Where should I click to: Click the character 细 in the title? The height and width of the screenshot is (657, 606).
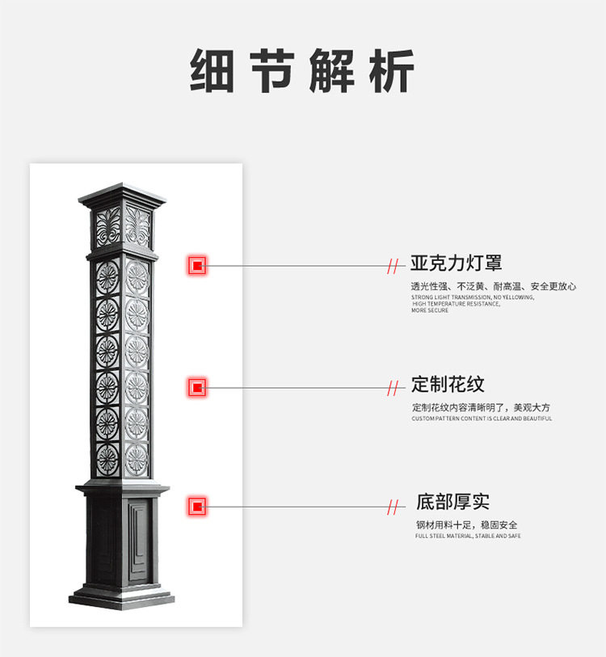click(213, 72)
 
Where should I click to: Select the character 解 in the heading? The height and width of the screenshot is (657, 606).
click(331, 72)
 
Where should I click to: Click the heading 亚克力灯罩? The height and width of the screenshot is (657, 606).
click(456, 263)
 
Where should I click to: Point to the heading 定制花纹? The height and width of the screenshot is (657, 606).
click(448, 385)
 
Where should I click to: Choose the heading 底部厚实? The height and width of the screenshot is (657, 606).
click(452, 502)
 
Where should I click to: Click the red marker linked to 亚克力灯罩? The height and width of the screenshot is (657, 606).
click(197, 265)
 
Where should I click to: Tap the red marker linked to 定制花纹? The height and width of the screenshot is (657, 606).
click(197, 388)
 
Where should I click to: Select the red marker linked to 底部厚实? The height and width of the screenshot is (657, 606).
click(197, 507)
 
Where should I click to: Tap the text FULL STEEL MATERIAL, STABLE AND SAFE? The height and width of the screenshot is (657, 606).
click(468, 536)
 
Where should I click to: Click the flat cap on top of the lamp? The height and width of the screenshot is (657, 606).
click(122, 193)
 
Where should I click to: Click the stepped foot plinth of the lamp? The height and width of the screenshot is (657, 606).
click(122, 599)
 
